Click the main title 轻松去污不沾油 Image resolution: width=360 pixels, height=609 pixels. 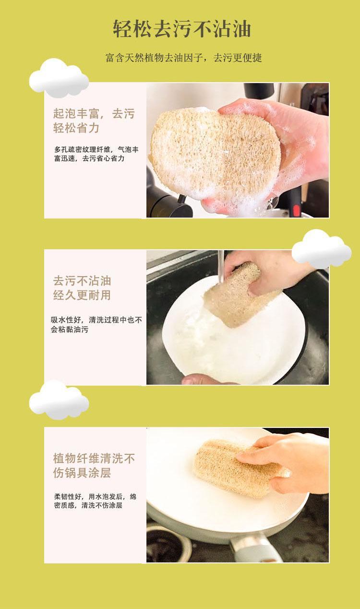point(182,28)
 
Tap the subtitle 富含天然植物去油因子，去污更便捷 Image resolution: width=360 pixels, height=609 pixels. point(183,58)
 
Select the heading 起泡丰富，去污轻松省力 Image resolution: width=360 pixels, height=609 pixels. point(94,121)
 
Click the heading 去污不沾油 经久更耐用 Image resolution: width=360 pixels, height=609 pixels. point(82,288)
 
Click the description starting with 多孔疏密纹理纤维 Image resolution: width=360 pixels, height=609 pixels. point(96,154)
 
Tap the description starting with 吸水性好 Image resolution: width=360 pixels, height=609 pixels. point(96,325)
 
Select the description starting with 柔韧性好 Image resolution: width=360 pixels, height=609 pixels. point(95,501)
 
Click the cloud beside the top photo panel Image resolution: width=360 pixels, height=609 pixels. point(59,78)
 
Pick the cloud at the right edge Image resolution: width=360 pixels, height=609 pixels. point(322,249)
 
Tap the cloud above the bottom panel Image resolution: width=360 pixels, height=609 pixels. point(59,400)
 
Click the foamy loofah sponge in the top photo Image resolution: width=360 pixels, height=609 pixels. point(215,154)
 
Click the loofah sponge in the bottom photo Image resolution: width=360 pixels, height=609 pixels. point(239,468)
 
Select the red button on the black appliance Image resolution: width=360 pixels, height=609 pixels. point(297,209)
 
